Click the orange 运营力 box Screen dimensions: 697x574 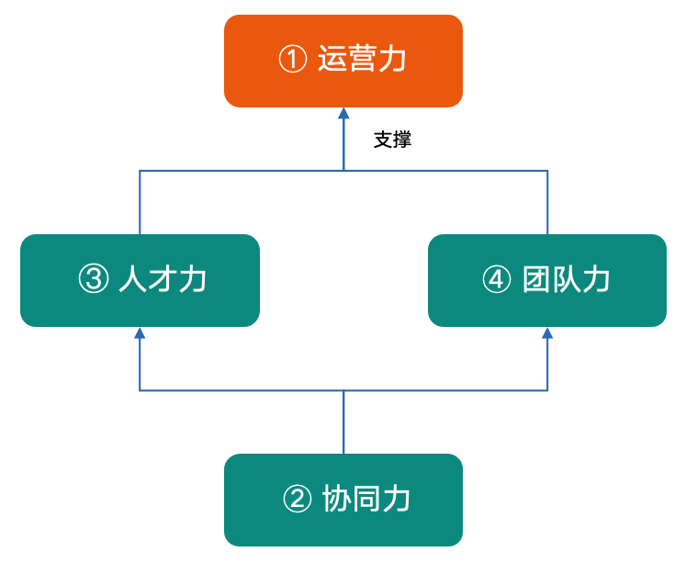point(343,61)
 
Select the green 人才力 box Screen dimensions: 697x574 point(140,280)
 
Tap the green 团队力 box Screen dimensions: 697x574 point(547,280)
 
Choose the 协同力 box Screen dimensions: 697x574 point(343,500)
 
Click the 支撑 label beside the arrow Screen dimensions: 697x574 point(392,140)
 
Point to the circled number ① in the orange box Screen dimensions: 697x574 point(293,60)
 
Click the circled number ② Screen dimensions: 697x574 point(297,499)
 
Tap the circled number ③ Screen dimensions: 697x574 point(94,279)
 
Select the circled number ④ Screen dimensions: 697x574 point(497,279)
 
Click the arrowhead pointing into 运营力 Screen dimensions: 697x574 point(343,113)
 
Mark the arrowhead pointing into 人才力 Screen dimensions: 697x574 point(140,333)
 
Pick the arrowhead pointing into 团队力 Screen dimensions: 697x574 point(547,333)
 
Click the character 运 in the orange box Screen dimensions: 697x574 point(332,59)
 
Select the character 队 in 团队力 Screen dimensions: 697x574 point(566,279)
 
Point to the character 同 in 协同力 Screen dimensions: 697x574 point(365,499)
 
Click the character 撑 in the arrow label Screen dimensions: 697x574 point(402,140)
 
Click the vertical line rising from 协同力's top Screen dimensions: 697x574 point(343,422)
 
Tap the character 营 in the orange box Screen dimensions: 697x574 point(362,59)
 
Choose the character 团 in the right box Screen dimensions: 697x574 point(536,279)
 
